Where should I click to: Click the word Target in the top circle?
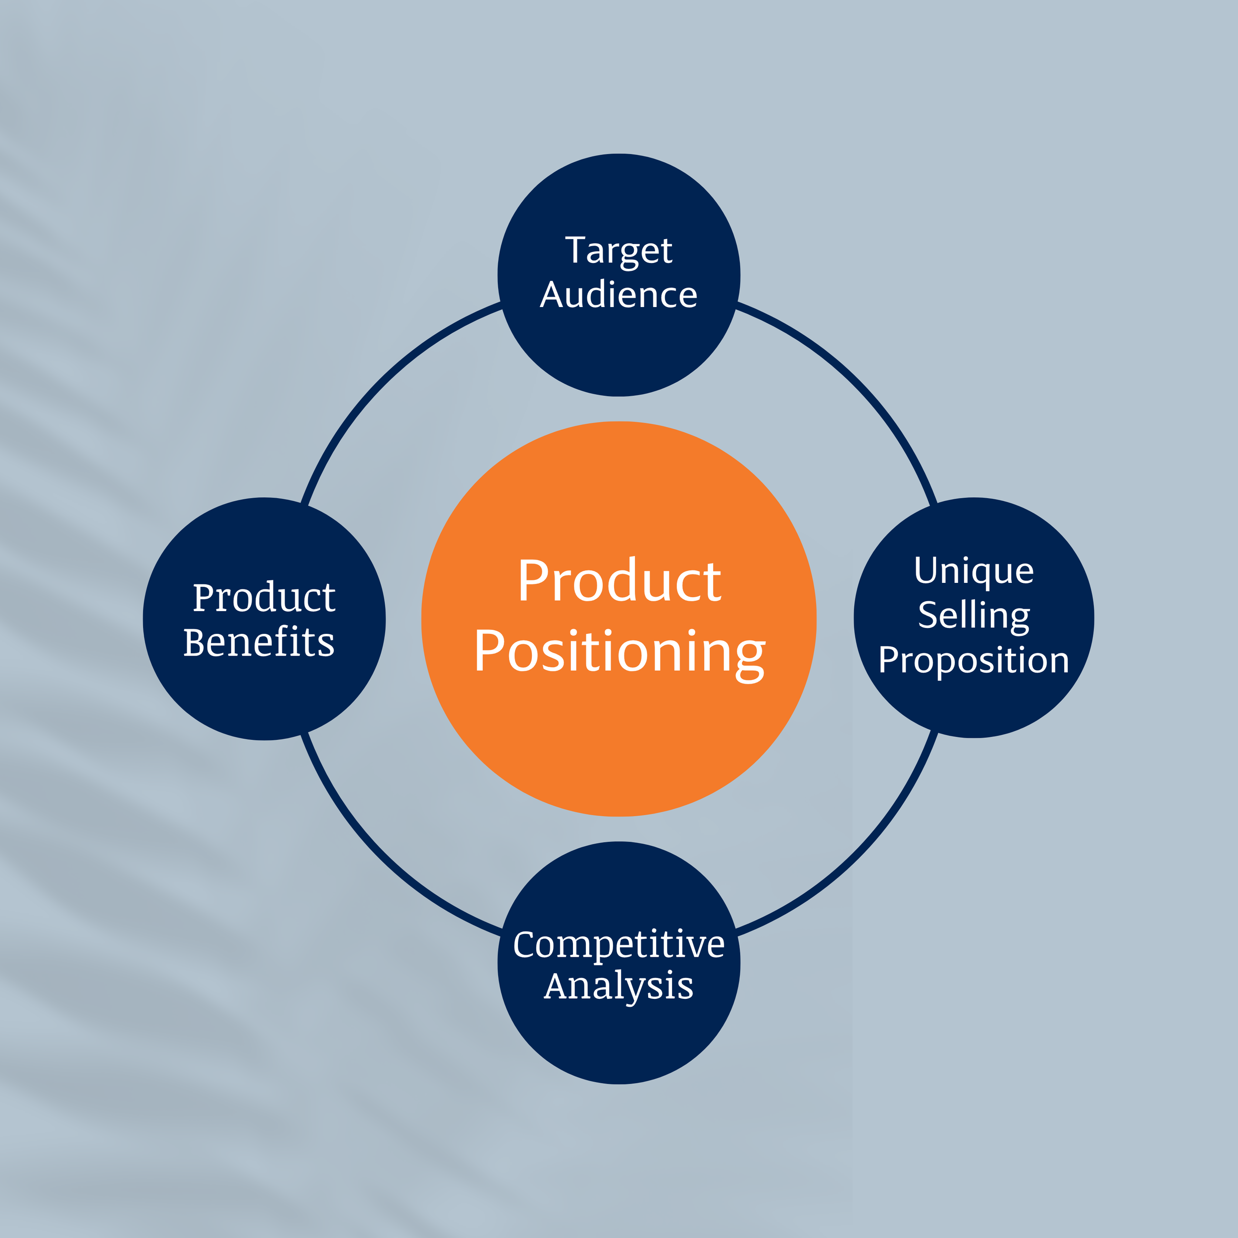coord(619,251)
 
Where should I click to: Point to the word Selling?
coord(974,617)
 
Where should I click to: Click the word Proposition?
coord(974,661)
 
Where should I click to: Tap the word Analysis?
coord(619,987)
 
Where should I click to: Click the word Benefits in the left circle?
coord(259,642)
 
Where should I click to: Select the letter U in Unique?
coord(926,570)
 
